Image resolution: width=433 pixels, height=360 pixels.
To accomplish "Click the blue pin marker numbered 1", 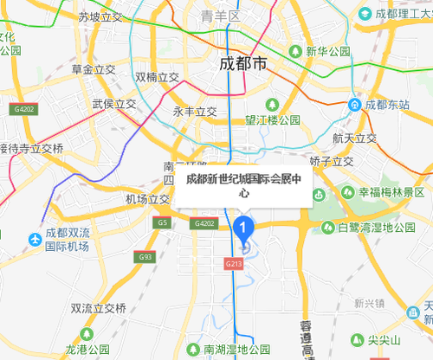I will [243, 228].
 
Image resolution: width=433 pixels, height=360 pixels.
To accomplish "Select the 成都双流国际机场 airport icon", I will [35, 239].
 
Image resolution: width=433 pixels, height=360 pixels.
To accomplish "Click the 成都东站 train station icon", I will [354, 105].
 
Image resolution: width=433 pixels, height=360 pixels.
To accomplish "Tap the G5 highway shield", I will [162, 223].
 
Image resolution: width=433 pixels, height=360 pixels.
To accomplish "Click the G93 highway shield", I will [144, 257].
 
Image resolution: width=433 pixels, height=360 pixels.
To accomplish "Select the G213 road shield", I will [233, 262].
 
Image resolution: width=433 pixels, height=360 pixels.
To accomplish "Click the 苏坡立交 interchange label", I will [99, 16].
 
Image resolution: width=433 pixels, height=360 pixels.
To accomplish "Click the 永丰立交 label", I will [195, 111].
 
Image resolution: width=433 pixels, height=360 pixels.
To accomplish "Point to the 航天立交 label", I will [354, 138].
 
